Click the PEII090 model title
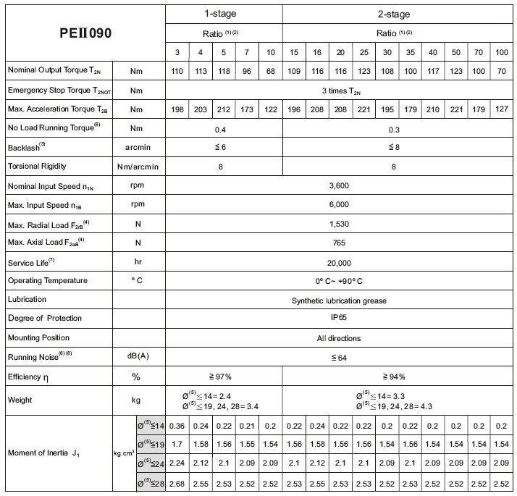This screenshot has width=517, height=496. (x=85, y=33)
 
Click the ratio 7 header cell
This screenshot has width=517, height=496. (x=247, y=53)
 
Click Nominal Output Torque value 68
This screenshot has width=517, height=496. (x=270, y=71)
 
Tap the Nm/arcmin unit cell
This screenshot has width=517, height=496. (x=138, y=166)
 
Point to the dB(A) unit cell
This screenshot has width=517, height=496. (x=138, y=356)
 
